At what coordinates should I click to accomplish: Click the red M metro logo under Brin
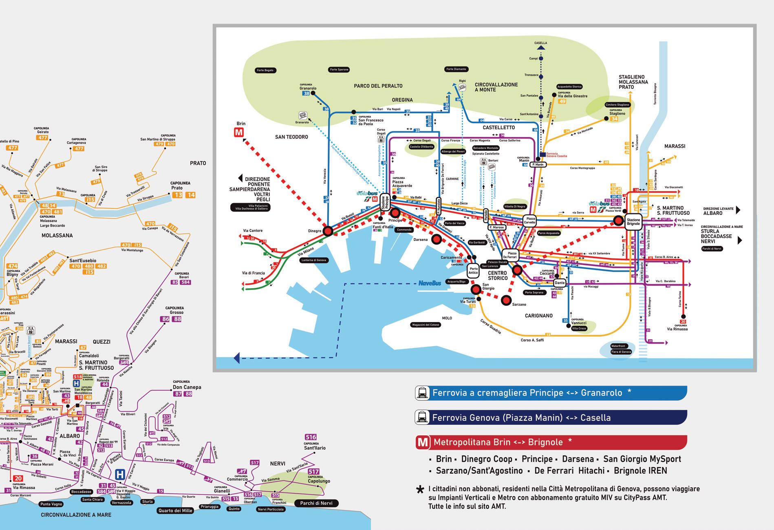(x=239, y=133)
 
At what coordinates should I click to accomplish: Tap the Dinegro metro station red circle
(x=328, y=231)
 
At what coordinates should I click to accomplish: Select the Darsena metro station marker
(x=437, y=239)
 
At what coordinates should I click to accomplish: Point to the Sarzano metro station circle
(x=506, y=300)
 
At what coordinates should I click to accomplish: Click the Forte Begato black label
(x=265, y=71)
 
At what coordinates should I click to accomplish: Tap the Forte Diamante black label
(x=456, y=69)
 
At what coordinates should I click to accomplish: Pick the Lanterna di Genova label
(x=314, y=260)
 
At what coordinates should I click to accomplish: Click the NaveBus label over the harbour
(x=430, y=283)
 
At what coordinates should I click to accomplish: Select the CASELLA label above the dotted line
(x=540, y=43)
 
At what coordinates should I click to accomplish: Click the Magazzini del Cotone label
(x=426, y=325)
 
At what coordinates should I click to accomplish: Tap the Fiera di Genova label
(x=621, y=352)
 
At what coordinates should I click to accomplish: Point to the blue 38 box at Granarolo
(x=307, y=93)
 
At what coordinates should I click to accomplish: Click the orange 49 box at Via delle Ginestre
(x=562, y=102)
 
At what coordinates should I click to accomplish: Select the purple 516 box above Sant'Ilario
(x=311, y=437)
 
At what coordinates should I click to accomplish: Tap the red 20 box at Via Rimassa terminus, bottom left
(x=18, y=479)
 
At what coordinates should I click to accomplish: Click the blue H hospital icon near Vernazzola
(x=120, y=475)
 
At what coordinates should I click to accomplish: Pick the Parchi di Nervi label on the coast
(x=316, y=503)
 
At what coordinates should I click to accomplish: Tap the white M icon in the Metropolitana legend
(x=423, y=442)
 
